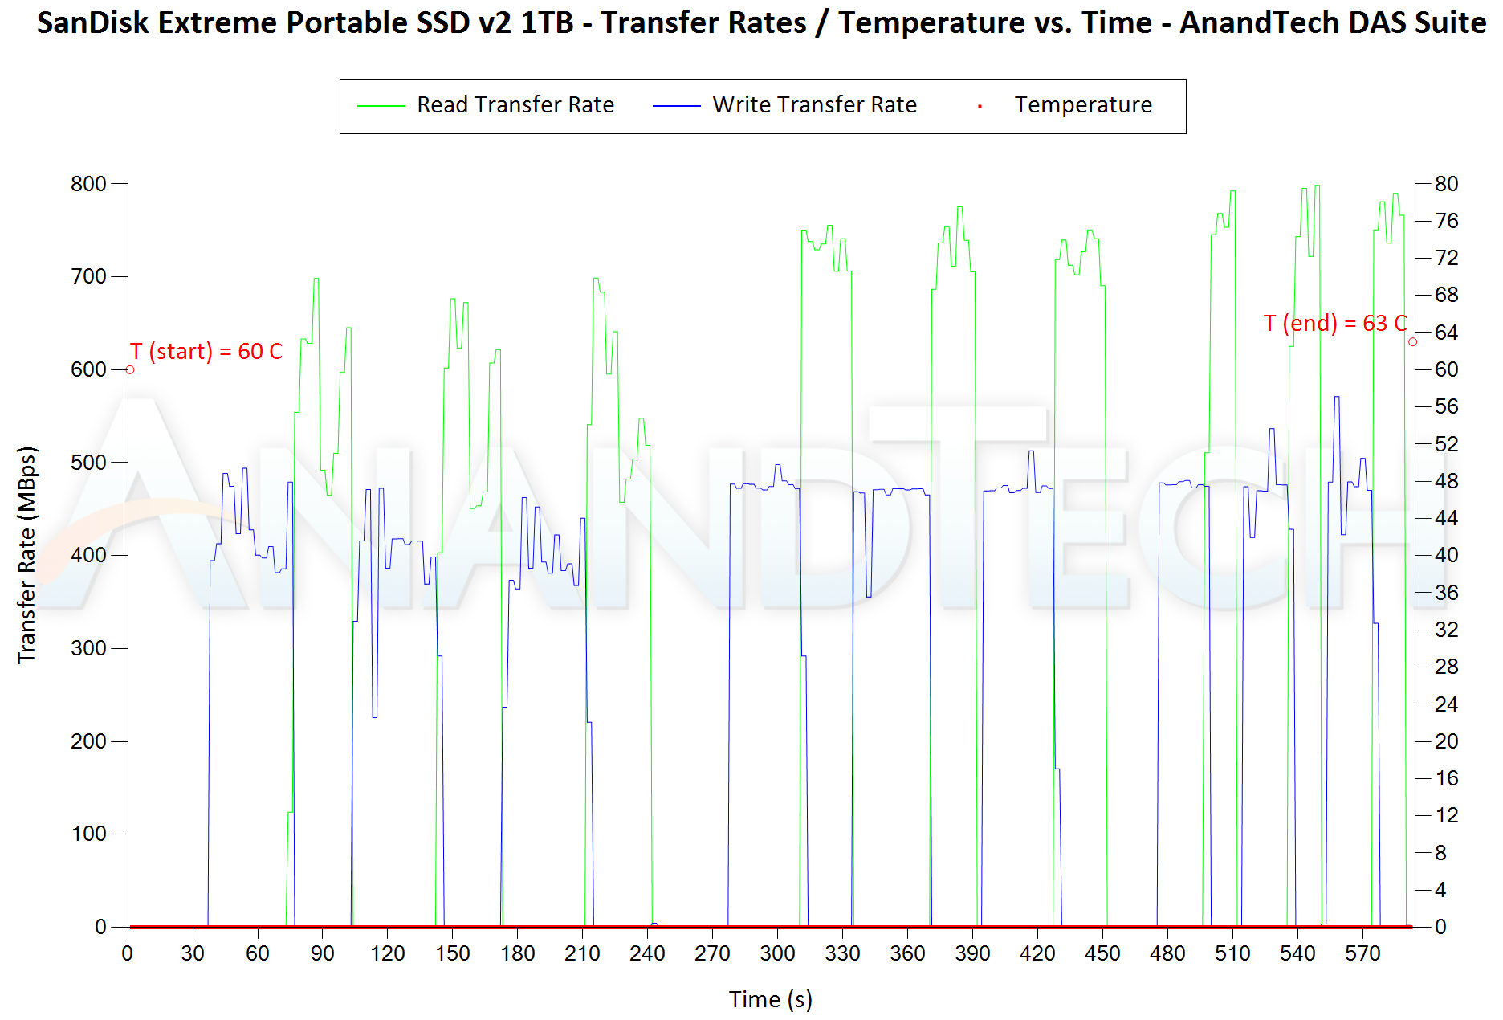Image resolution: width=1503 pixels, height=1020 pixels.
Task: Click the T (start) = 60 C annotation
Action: (206, 352)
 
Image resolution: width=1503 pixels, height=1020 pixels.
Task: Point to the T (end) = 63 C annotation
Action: (1334, 324)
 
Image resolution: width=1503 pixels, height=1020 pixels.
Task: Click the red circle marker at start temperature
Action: (130, 369)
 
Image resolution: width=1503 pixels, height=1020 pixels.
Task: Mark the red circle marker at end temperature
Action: (1412, 342)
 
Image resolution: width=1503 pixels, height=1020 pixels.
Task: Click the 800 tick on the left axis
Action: (88, 184)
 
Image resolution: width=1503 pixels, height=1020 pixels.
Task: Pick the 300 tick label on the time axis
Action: (777, 953)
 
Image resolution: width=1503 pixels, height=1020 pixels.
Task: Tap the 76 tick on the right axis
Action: (1446, 221)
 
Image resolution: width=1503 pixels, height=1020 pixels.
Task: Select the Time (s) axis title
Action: (770, 999)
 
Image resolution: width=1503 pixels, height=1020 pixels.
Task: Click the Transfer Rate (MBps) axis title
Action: (27, 554)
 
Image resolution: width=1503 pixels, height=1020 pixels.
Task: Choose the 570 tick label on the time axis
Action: (1362, 953)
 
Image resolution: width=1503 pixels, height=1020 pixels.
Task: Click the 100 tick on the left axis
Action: (88, 834)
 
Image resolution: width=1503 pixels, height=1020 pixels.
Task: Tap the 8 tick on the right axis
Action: (1440, 853)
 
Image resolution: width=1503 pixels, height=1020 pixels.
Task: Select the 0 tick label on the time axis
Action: (128, 953)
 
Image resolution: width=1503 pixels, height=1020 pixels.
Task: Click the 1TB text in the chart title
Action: (547, 22)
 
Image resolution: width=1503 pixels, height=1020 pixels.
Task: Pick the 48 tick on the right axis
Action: (1446, 481)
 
